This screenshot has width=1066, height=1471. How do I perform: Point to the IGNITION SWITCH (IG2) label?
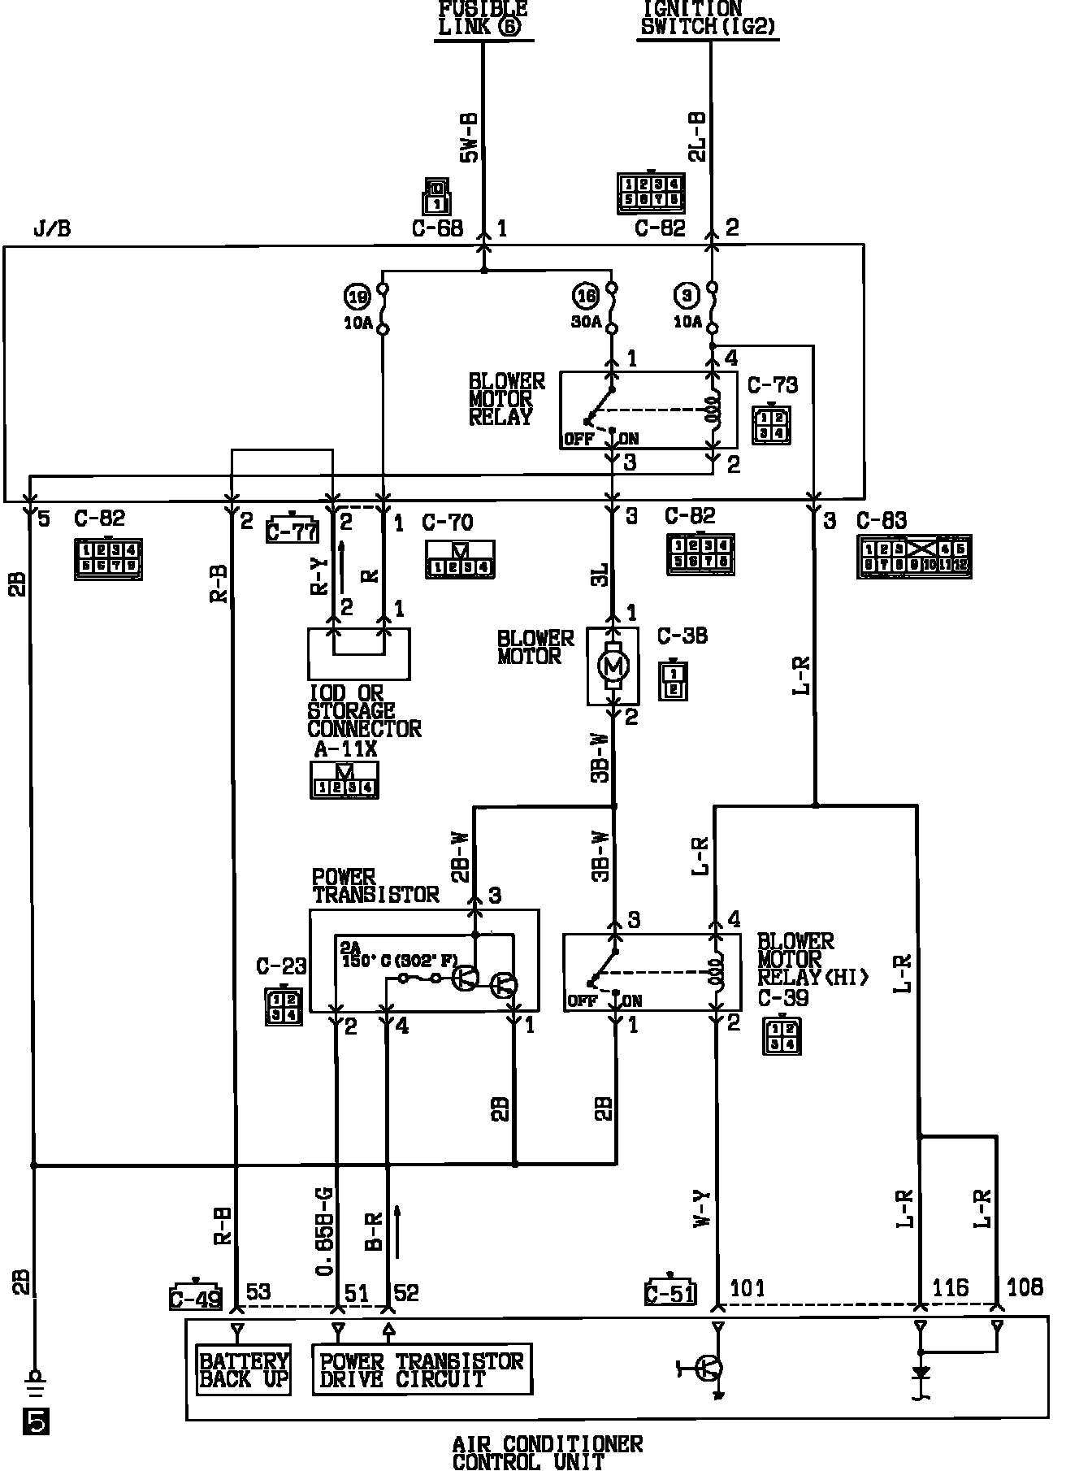point(708,18)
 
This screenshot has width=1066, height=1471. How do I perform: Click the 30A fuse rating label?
point(587,322)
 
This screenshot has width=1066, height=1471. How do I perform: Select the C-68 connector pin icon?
point(435,196)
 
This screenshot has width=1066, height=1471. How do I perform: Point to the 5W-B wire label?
point(470,138)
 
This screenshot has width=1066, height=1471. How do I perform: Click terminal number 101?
point(747,1287)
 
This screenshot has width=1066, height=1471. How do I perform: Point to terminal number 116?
point(950,1287)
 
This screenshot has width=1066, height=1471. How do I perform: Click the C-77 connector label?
point(292,532)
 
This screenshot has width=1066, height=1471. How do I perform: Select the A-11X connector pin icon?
point(344,779)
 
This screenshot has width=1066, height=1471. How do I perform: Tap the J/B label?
point(52,229)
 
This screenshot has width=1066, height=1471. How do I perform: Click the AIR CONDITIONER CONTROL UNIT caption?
point(547,1453)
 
